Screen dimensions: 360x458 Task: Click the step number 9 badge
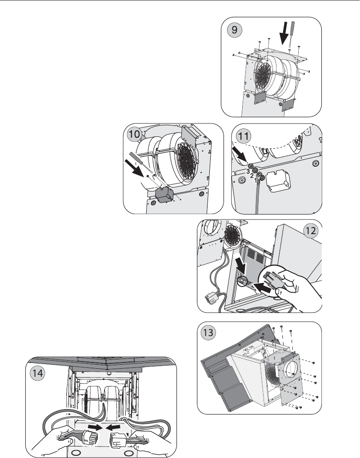pos(234,30)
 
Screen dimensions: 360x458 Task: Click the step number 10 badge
pos(135,135)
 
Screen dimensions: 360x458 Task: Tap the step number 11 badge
pos(244,136)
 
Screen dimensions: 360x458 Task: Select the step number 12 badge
pos(311,231)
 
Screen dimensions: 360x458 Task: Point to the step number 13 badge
pos(208,333)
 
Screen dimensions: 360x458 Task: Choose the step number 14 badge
pos(37,373)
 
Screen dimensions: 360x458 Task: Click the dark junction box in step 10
pos(164,195)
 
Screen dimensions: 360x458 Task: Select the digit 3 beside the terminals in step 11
pos(248,171)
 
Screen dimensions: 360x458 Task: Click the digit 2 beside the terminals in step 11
pos(252,175)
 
